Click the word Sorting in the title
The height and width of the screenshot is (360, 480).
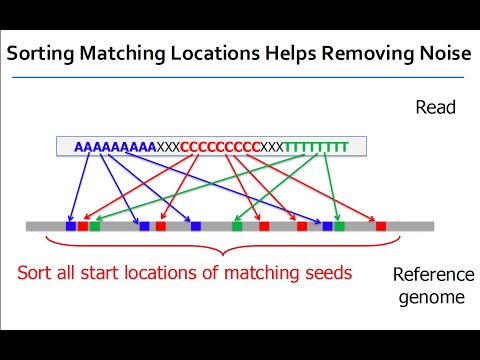pyautogui.click(x=42, y=58)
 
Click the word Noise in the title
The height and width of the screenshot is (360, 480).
pyautogui.click(x=436, y=58)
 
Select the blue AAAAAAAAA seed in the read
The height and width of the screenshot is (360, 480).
pyautogui.click(x=115, y=147)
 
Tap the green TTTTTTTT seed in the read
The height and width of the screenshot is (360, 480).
pyautogui.click(x=316, y=147)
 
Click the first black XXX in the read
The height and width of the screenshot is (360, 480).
pyautogui.click(x=168, y=147)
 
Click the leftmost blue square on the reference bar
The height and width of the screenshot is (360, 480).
pyautogui.click(x=71, y=227)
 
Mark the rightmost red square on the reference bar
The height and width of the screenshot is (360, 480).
pyautogui.click(x=381, y=227)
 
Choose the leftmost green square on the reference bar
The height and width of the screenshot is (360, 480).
pyautogui.click(x=95, y=227)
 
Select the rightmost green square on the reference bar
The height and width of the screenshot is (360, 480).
pyautogui.click(x=340, y=227)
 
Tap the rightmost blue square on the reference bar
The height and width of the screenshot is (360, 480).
pyautogui.click(x=327, y=227)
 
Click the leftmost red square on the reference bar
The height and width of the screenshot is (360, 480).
pyautogui.click(x=83, y=227)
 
